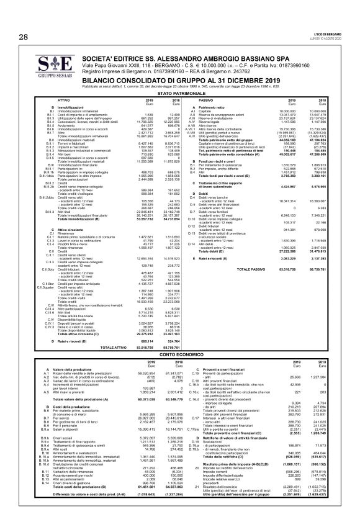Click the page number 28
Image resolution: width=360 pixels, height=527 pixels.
point(24,37)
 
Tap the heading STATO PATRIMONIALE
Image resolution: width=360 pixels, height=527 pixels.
point(181,92)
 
